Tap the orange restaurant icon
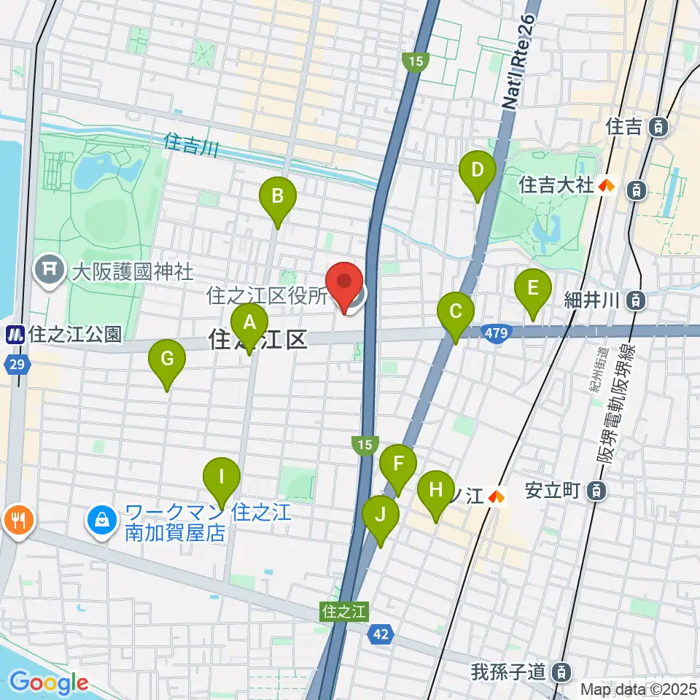click(15, 521)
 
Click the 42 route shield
click(378, 634)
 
